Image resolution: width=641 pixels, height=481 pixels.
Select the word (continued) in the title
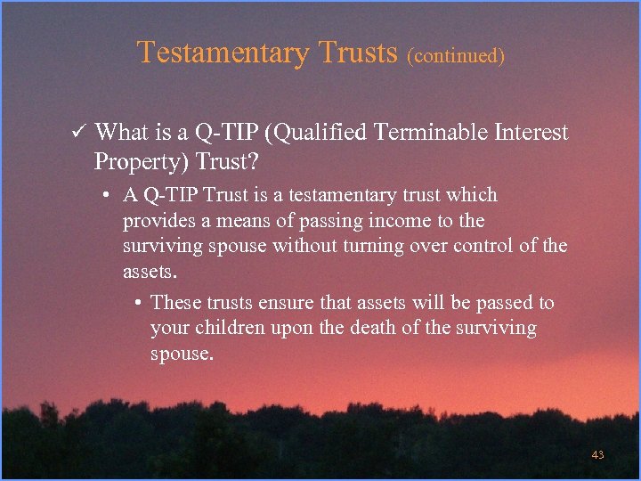[456, 56]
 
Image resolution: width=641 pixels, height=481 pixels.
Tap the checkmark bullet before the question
[77, 134]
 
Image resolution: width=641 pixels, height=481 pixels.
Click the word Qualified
[324, 134]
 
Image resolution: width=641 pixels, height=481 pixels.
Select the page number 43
[597, 455]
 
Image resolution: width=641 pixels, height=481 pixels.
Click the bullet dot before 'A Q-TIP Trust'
[105, 196]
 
